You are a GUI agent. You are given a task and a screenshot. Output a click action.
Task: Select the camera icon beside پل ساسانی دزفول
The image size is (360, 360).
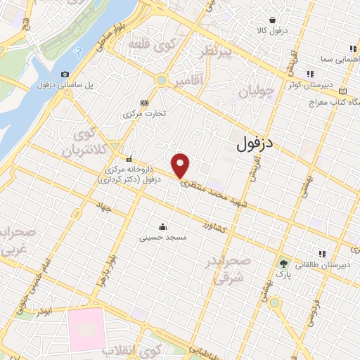(65, 74)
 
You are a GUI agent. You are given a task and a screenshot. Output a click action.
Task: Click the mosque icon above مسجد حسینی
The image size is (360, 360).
(163, 226)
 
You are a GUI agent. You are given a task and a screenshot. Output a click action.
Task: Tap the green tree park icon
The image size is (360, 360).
(284, 264)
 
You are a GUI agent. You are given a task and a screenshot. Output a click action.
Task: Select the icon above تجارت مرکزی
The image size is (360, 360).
(144, 102)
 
